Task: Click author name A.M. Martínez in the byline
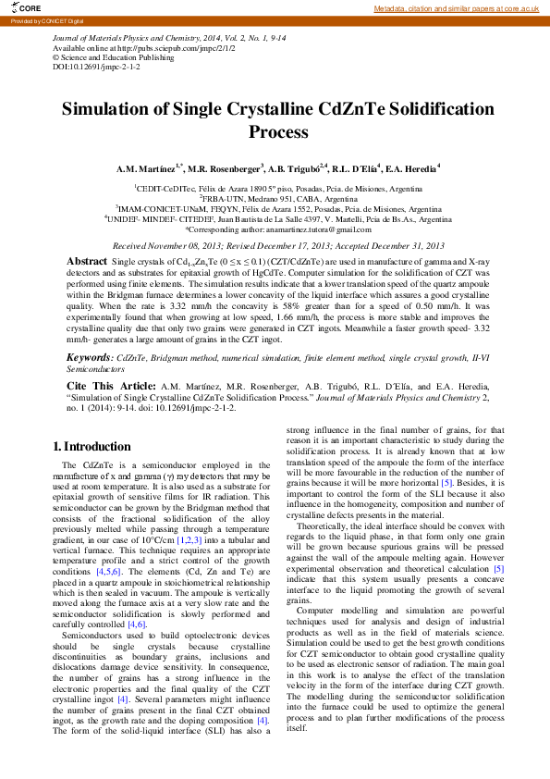point(149,169)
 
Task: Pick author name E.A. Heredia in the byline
point(411,169)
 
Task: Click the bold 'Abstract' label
point(87,262)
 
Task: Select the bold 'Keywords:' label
point(91,356)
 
